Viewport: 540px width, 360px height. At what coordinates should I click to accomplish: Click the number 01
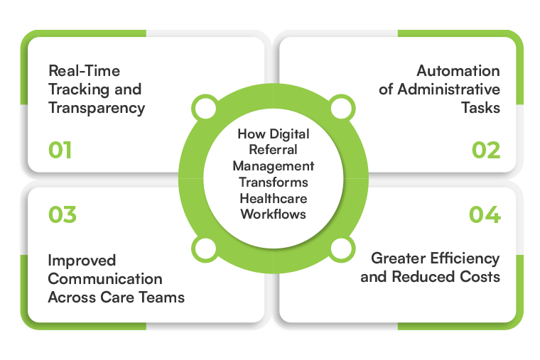tap(60, 151)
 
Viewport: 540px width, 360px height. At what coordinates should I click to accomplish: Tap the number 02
tap(486, 151)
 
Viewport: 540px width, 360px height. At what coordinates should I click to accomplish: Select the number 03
tap(63, 214)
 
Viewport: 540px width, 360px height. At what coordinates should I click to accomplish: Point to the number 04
tap(485, 214)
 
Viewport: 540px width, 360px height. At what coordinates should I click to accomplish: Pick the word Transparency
tap(97, 108)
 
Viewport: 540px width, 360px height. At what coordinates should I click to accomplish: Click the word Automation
tap(458, 71)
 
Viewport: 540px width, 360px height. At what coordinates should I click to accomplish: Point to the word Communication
tap(105, 278)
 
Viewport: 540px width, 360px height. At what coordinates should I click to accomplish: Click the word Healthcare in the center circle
tap(274, 197)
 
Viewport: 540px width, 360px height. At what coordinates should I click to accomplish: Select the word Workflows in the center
tap(274, 213)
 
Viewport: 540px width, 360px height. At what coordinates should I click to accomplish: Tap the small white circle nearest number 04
tap(341, 249)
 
